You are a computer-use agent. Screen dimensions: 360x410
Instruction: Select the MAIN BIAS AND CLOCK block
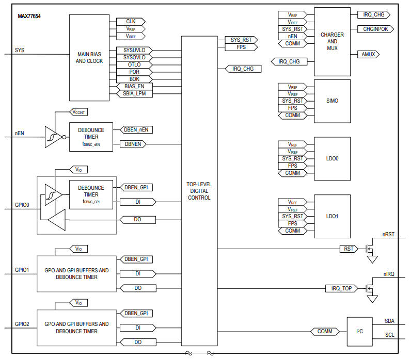(89, 58)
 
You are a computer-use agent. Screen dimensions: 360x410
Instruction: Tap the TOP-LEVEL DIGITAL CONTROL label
(199, 191)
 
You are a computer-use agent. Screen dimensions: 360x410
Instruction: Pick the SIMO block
(332, 101)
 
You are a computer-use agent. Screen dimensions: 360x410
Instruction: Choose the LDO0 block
(332, 158)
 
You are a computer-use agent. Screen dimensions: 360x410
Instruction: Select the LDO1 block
(332, 216)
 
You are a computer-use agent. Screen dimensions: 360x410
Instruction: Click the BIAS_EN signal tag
(134, 86)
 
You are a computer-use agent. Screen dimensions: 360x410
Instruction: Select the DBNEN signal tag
(133, 144)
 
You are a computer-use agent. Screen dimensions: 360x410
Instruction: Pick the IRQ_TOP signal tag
(341, 288)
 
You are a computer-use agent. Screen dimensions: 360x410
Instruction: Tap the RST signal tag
(349, 249)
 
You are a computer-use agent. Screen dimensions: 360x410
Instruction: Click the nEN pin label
(19, 133)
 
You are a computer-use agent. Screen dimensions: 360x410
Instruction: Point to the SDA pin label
(389, 321)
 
